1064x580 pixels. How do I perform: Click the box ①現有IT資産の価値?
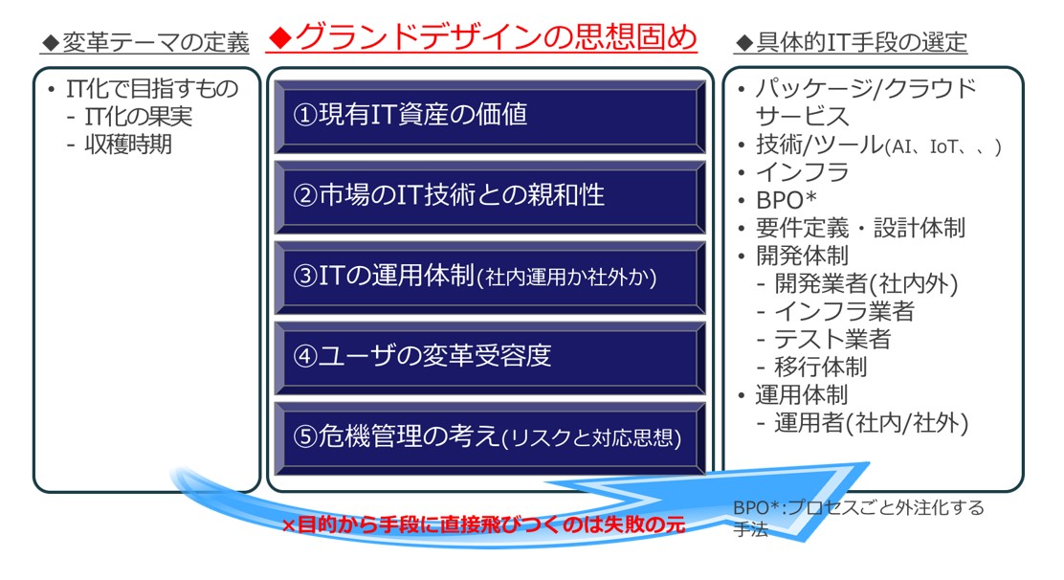pyautogui.click(x=490, y=116)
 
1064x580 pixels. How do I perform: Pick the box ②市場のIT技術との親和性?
pyautogui.click(x=490, y=196)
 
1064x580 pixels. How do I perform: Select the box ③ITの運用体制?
pyautogui.click(x=490, y=277)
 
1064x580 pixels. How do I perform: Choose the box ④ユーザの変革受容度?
pyautogui.click(x=490, y=357)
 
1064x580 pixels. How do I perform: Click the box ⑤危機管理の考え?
pyautogui.click(x=490, y=437)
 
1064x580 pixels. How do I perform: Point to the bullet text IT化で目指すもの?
pyautogui.click(x=152, y=88)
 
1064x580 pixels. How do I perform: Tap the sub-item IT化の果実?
pyautogui.click(x=139, y=117)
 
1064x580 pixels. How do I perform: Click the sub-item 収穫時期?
pyautogui.click(x=128, y=145)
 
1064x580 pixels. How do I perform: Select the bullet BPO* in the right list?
pyautogui.click(x=786, y=201)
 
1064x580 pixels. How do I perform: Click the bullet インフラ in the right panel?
pyautogui.click(x=802, y=172)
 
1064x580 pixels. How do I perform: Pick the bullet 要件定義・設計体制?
pyautogui.click(x=860, y=228)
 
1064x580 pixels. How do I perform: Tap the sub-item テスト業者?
pyautogui.click(x=832, y=339)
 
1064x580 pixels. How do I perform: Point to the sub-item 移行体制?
pyautogui.click(x=821, y=367)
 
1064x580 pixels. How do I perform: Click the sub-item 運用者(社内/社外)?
pyautogui.click(x=872, y=423)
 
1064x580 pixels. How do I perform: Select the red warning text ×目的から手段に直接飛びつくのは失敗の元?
pyautogui.click(x=483, y=524)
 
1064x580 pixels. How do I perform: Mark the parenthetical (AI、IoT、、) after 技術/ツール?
pyautogui.click(x=943, y=146)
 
